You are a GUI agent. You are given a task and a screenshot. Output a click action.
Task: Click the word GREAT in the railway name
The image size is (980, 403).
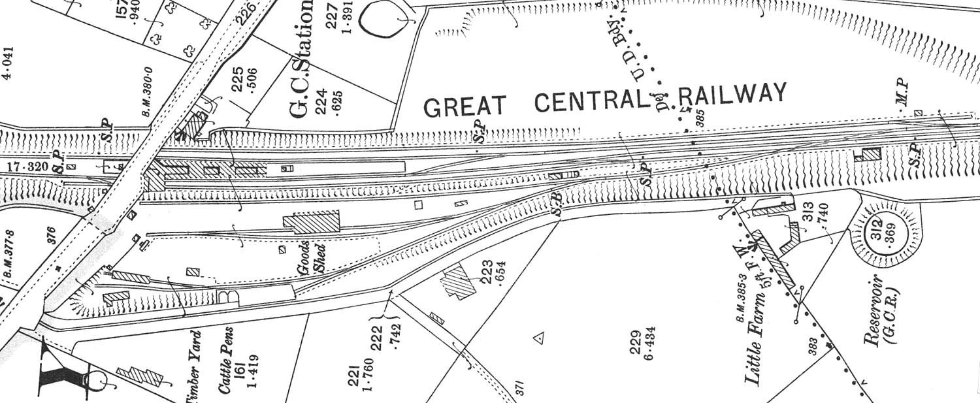coord(465,106)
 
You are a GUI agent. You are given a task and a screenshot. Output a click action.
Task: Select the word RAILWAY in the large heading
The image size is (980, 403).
coord(732,95)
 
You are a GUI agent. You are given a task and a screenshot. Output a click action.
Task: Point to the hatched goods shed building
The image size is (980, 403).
coord(312,222)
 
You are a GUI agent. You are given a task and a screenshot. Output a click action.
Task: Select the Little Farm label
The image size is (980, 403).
coord(753,347)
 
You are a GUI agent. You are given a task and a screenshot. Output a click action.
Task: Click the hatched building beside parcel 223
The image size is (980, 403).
coord(460,283)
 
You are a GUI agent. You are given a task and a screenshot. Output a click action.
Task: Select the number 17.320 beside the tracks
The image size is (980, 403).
coord(27,167)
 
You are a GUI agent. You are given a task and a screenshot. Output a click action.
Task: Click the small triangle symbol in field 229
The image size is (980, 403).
coord(539,338)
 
